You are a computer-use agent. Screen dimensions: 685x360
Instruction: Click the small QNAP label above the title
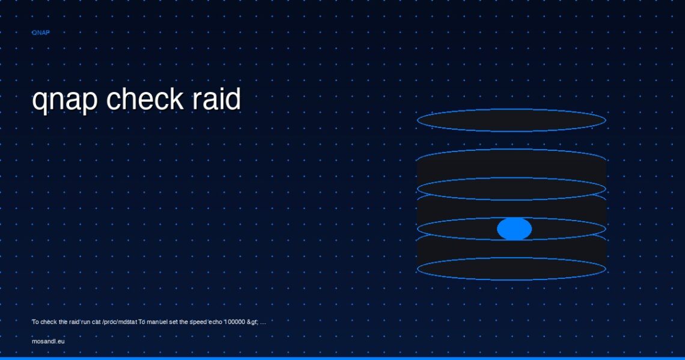coord(41,33)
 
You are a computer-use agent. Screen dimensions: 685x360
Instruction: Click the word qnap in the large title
coord(65,100)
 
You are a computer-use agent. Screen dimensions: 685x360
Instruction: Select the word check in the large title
coord(145,99)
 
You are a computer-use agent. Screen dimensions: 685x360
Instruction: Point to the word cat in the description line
coord(96,322)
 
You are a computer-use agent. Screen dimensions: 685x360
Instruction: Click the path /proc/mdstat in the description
coord(120,322)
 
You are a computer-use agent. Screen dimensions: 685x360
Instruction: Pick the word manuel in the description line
coord(157,322)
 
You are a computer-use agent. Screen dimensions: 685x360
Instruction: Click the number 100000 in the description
coord(234,322)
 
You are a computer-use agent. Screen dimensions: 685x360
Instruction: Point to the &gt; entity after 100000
coord(252,322)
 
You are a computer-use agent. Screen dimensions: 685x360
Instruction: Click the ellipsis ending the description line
coord(263,323)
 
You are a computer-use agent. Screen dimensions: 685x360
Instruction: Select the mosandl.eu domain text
coord(48,341)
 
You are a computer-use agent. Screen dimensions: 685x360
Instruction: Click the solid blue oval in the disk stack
coord(514,228)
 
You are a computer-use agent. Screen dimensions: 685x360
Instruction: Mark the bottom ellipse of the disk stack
coord(511,279)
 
